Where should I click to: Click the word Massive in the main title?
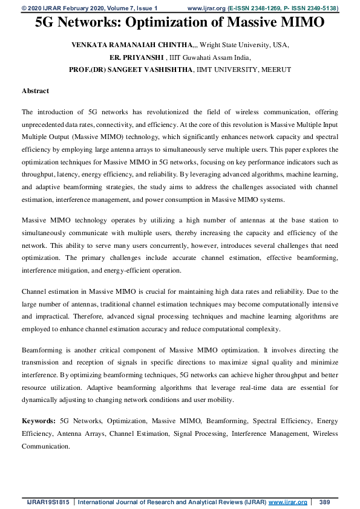pyautogui.click(x=227, y=23)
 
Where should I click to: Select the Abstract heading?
pyautogui.click(x=35, y=91)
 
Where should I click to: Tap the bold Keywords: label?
pyautogui.click(x=39, y=420)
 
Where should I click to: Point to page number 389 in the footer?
pyautogui.click(x=324, y=502)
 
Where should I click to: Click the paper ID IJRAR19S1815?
pyautogui.click(x=45, y=502)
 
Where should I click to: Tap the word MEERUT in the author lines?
pyautogui.click(x=277, y=70)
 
